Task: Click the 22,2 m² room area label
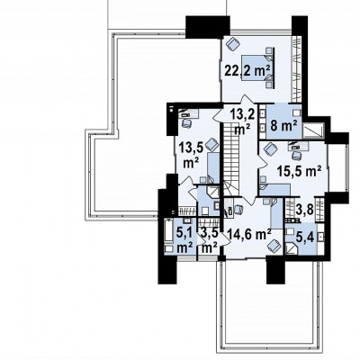(247, 71)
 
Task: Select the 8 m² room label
(283, 125)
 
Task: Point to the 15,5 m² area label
(299, 172)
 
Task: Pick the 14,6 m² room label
(249, 234)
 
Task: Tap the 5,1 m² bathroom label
(184, 241)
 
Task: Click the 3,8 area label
(305, 210)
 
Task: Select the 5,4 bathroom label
(305, 238)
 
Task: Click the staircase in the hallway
(231, 160)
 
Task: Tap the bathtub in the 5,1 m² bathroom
(168, 230)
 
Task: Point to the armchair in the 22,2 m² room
(233, 44)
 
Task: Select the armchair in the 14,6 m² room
(274, 246)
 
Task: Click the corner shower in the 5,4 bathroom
(292, 248)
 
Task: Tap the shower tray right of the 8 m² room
(313, 130)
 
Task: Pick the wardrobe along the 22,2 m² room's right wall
(297, 69)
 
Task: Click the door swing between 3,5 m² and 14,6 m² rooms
(221, 240)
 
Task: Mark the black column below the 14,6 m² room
(275, 270)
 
